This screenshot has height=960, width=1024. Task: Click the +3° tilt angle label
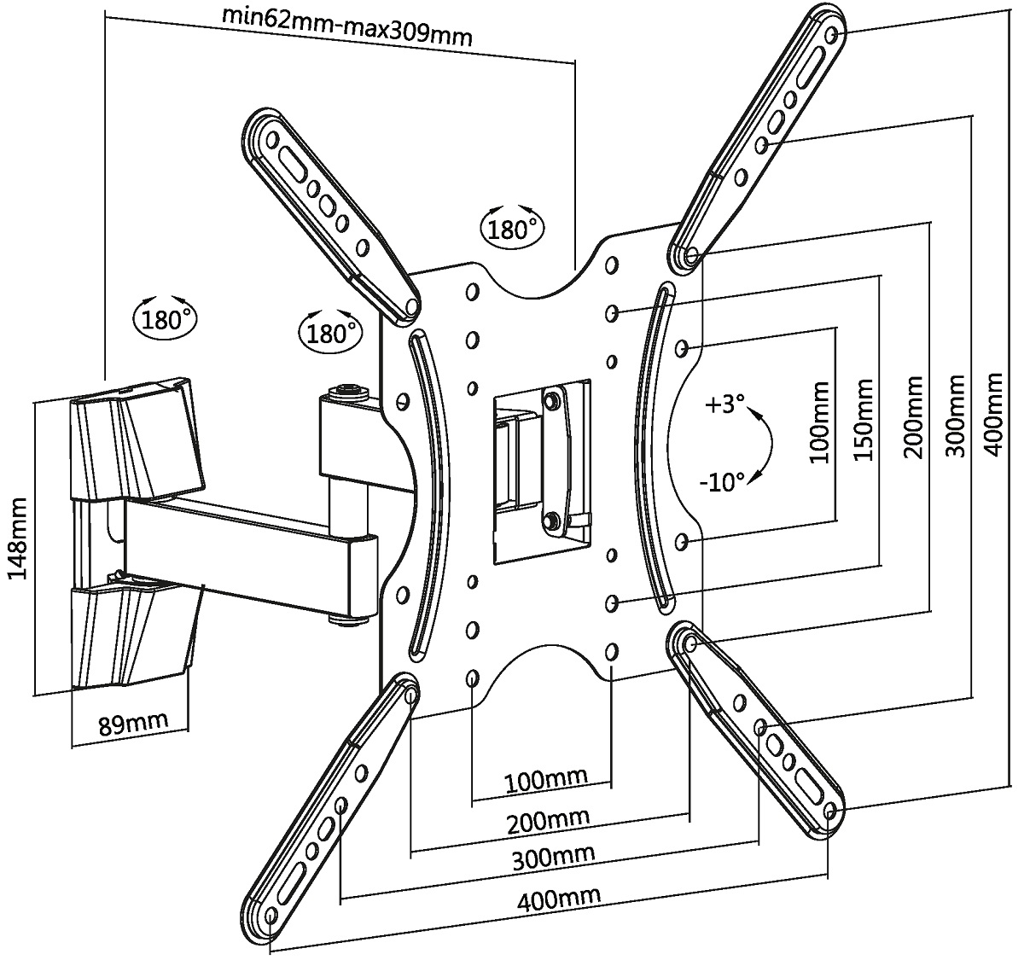pyautogui.click(x=725, y=404)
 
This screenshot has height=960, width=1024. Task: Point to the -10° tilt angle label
pyautogui.click(x=722, y=482)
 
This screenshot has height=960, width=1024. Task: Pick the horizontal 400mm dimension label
pyautogui.click(x=559, y=898)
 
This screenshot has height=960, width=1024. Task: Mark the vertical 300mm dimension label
pyautogui.click(x=957, y=416)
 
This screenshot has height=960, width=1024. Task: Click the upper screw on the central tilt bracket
pyautogui.click(x=551, y=398)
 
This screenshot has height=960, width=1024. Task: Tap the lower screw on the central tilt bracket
pyautogui.click(x=553, y=519)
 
